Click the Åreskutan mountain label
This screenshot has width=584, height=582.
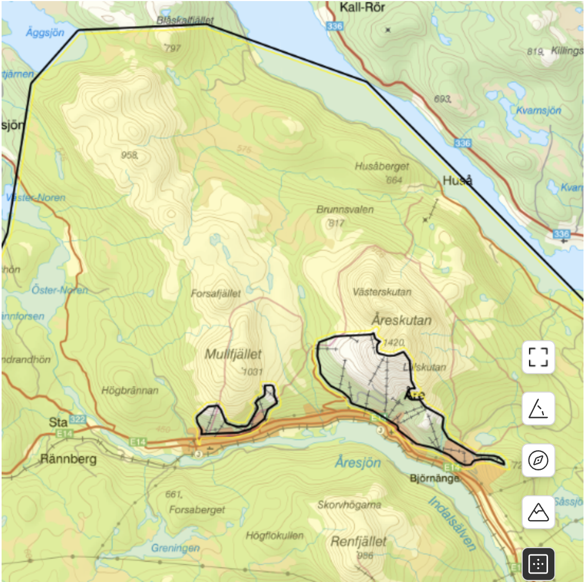click(401, 320)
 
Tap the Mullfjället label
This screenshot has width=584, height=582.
click(233, 354)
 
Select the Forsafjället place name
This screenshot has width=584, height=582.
click(216, 293)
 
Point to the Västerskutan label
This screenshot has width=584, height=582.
click(382, 292)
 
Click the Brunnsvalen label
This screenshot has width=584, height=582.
click(345, 210)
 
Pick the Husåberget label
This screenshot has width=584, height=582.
click(382, 166)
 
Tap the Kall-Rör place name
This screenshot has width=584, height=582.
click(362, 7)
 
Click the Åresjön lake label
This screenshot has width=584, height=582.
click(358, 462)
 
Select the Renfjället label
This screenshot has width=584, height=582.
click(359, 541)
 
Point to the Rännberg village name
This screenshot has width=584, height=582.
click(69, 459)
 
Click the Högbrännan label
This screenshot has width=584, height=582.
click(130, 390)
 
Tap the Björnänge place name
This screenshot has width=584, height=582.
click(434, 478)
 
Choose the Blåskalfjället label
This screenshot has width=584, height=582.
click(185, 20)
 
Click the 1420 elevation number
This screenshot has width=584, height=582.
click(394, 342)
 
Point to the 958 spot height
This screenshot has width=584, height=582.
click(129, 155)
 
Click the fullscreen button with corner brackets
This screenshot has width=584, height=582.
click(538, 357)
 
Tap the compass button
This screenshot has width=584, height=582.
click(538, 460)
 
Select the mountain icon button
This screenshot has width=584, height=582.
click(538, 512)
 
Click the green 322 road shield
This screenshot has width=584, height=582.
click(77, 420)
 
